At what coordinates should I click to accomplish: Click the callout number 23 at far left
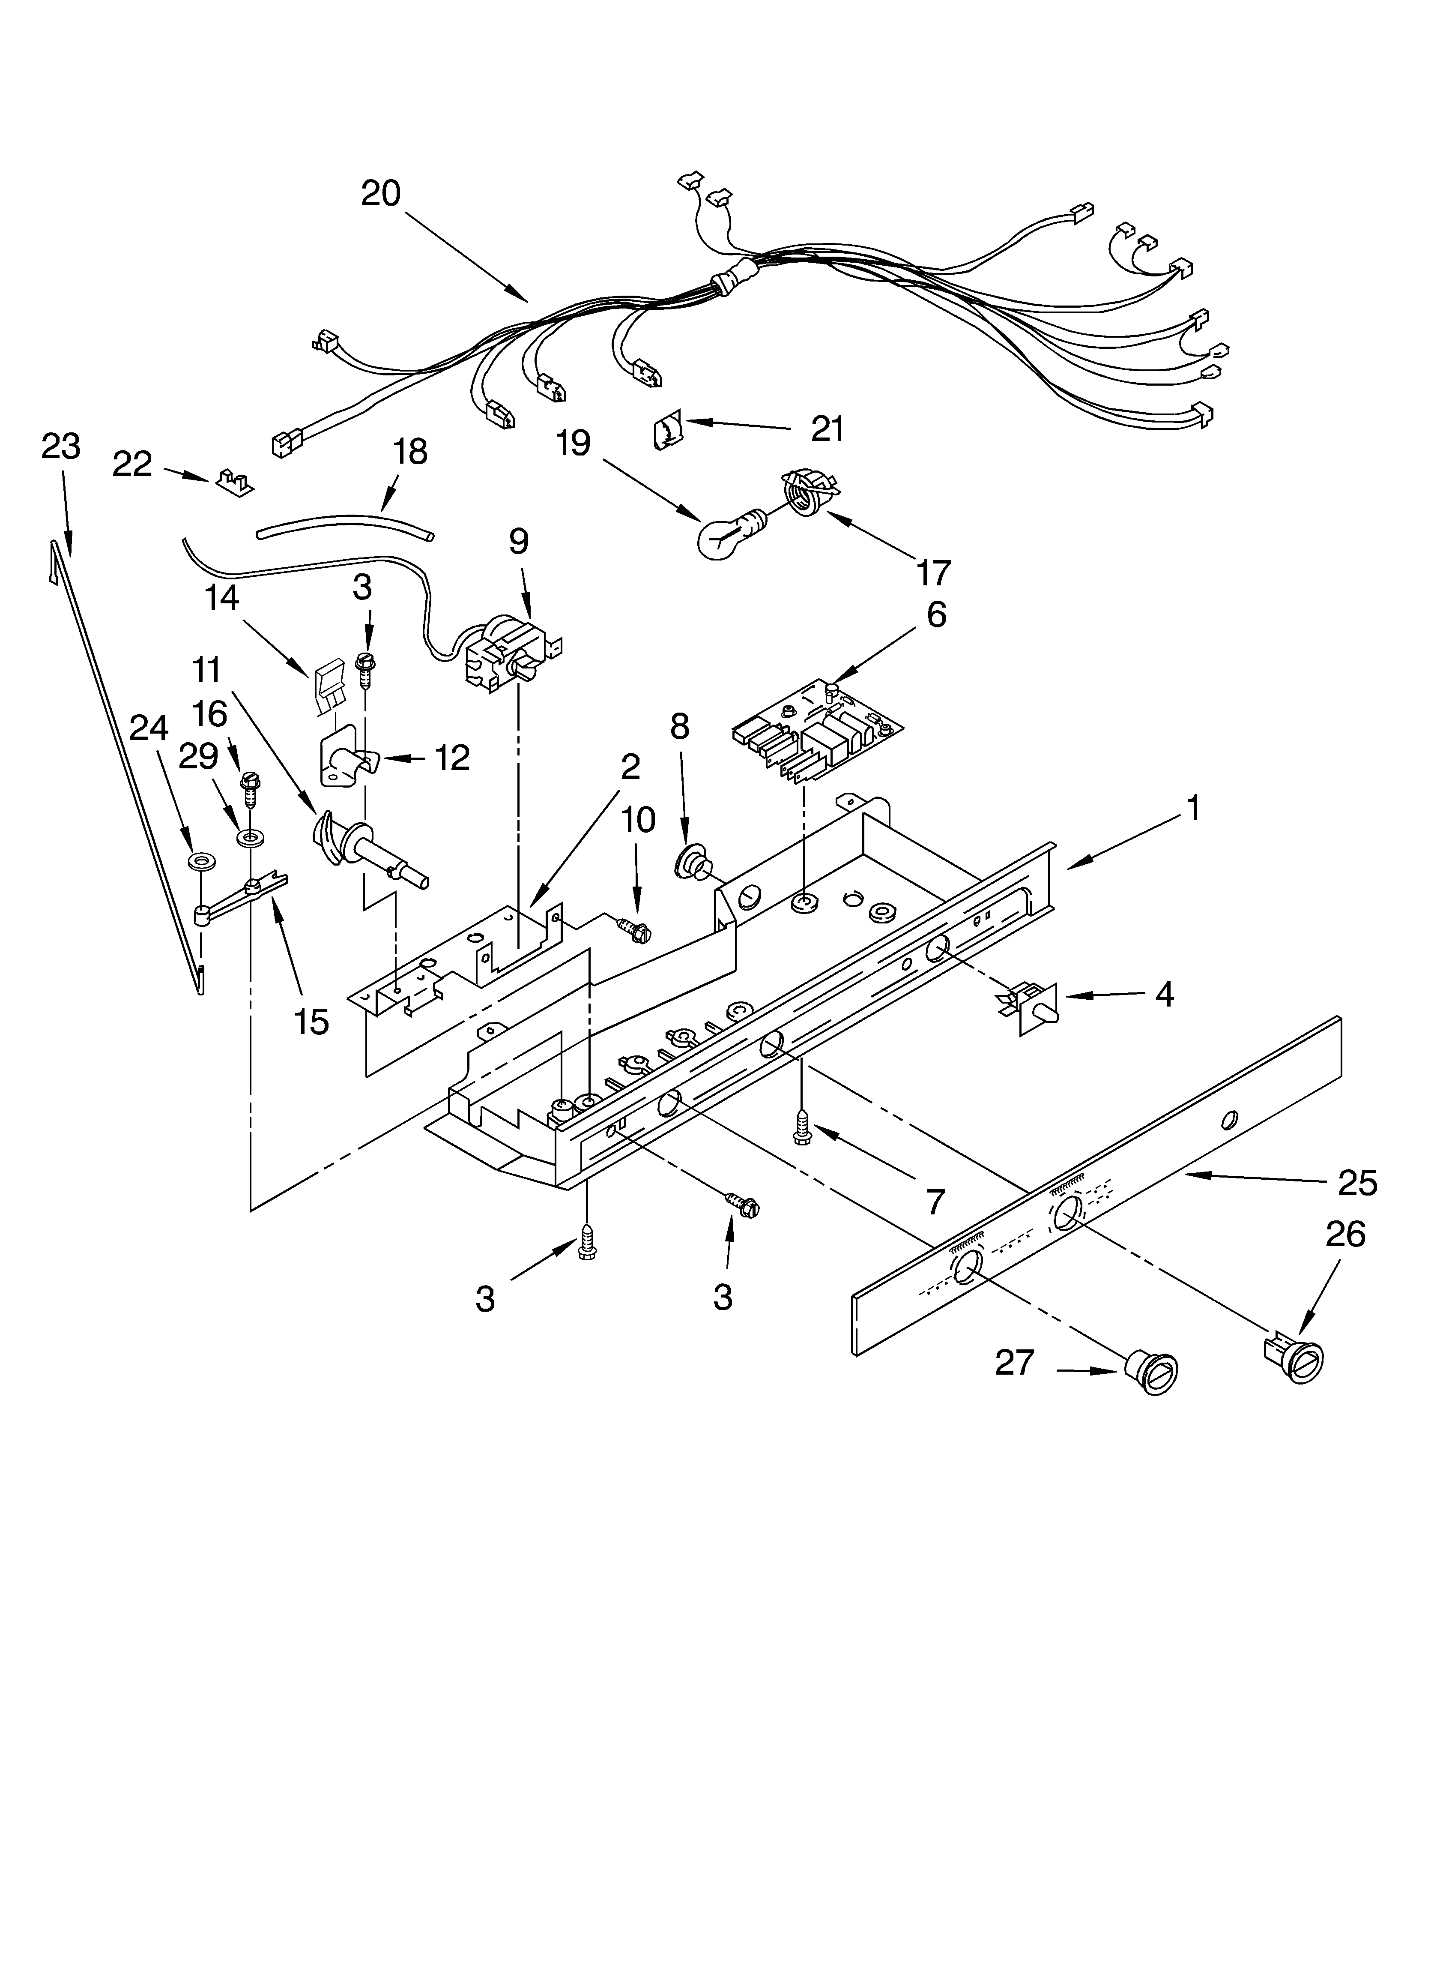click(60, 447)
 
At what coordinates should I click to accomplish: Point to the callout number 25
click(1356, 1183)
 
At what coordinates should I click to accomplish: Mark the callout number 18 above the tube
click(409, 452)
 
